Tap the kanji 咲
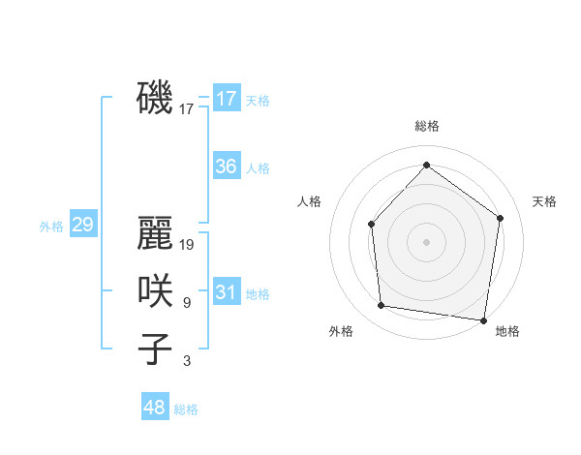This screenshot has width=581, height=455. [155, 291]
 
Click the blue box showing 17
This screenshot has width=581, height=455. [227, 99]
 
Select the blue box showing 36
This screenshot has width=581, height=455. [227, 167]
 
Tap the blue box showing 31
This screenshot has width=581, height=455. [227, 292]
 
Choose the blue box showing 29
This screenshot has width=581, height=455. [82, 226]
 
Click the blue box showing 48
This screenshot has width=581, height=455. [155, 408]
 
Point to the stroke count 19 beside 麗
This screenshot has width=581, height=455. [188, 245]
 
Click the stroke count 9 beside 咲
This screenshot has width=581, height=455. [186, 303]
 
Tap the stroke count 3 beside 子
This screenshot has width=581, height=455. [186, 361]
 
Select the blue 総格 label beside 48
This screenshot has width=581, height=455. [186, 409]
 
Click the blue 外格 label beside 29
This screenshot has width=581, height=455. [51, 227]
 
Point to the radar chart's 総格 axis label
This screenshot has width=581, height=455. [427, 126]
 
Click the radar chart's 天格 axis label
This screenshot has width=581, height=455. [545, 201]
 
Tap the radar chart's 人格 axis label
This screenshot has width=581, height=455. [309, 201]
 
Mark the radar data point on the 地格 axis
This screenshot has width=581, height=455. [483, 319]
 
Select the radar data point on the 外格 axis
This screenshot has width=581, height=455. [382, 306]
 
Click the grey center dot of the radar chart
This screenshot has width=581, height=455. [426, 241]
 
